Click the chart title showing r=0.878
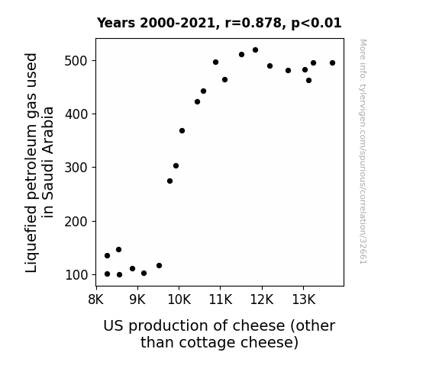219,23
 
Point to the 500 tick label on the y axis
76,61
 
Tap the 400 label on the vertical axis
76,114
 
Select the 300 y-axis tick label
76,168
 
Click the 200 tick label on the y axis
76,222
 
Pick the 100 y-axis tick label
76,275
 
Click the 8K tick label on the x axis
96,299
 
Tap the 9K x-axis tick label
137,299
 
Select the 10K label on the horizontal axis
179,299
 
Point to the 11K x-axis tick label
221,299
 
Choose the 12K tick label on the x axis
262,299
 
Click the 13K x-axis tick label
304,299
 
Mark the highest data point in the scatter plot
255,50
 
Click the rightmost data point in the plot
332,63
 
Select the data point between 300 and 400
182,131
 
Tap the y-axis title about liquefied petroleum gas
39,162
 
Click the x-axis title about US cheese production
219,334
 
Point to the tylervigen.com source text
363,152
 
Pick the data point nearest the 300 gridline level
176,166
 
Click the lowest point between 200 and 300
169,181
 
